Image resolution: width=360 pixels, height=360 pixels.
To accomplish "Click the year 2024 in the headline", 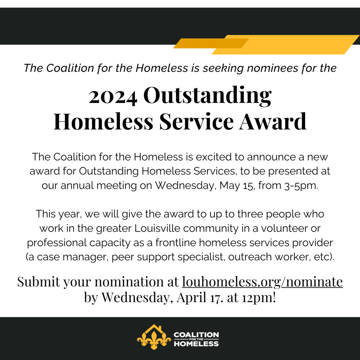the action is [x=113, y=97].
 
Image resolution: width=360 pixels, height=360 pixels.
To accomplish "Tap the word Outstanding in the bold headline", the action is [x=207, y=95].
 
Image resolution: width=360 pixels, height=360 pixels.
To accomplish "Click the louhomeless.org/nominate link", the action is [x=262, y=282].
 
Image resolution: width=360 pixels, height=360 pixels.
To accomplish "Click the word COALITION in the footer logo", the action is [x=196, y=335].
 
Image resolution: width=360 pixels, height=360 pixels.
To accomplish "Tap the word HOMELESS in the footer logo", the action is [x=196, y=344].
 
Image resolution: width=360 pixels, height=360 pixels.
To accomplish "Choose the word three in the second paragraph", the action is [x=250, y=214].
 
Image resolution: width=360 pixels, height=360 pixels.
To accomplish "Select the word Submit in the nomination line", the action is [x=39, y=282].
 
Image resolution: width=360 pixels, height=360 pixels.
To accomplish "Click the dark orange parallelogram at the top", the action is [x=211, y=43].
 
